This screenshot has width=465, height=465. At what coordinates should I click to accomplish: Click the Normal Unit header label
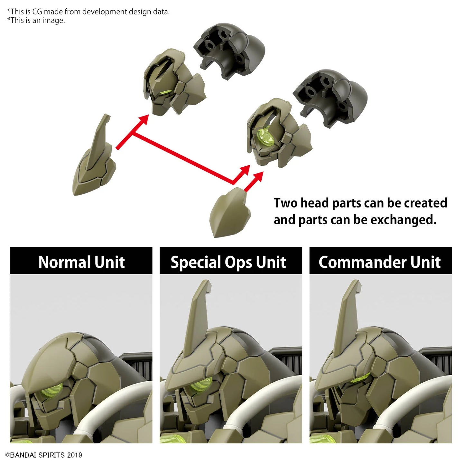click(x=81, y=262)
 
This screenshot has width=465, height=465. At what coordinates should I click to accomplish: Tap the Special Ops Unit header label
click(x=228, y=263)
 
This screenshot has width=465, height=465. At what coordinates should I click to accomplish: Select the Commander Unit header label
click(x=380, y=262)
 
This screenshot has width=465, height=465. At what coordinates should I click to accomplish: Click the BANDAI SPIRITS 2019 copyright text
click(x=44, y=455)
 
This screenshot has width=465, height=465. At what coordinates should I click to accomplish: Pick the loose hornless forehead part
click(x=230, y=213)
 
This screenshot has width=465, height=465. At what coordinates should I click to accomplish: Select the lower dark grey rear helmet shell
click(x=330, y=98)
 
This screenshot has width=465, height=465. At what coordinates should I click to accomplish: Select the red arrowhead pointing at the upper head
click(x=143, y=120)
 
